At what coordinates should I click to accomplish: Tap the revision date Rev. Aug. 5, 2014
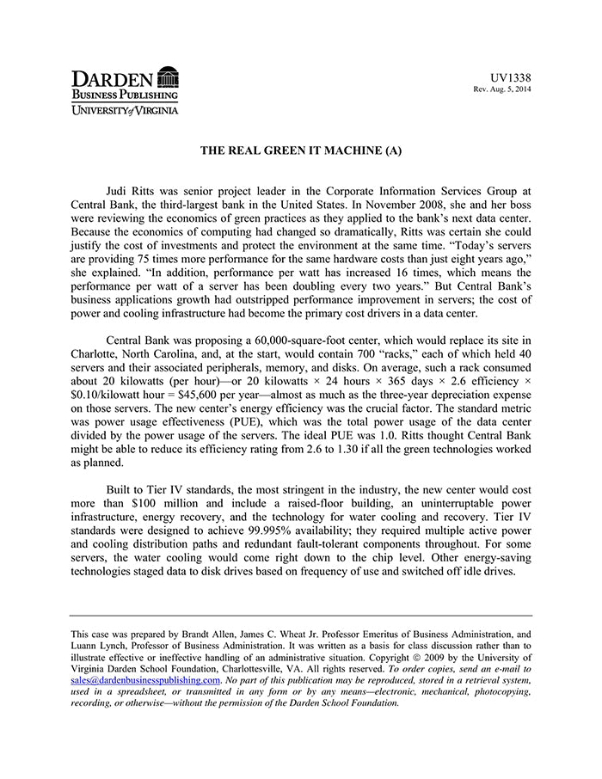point(502,89)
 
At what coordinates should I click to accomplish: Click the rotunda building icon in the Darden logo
point(169,77)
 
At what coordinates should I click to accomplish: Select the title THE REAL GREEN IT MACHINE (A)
point(301,150)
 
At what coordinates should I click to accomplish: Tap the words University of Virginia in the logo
point(126,110)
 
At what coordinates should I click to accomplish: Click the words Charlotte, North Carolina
point(135,357)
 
